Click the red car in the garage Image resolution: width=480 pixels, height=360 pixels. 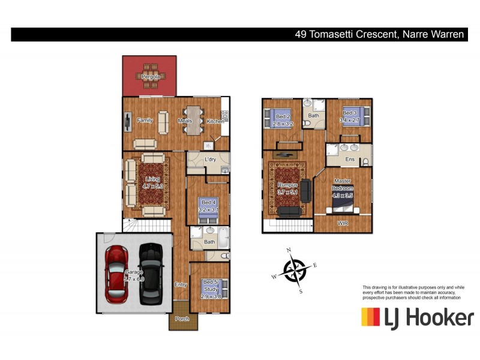tap(115, 274)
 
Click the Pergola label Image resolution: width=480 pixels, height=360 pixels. tap(150, 77)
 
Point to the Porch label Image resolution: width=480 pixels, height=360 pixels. tap(182, 319)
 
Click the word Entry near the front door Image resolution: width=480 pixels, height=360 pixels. tap(181, 284)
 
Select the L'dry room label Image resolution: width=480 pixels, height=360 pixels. tap(210, 160)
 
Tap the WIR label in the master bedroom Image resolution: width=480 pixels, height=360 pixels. tap(343, 223)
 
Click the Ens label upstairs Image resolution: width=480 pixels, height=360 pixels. tap(350, 160)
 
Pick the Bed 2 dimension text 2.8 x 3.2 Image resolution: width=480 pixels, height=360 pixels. tap(281, 124)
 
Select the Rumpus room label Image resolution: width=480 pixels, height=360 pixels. tap(287, 185)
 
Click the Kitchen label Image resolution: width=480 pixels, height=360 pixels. tap(215, 121)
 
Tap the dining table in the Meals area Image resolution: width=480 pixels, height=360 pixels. tap(193, 115)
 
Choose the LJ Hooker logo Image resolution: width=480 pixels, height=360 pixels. tap(417, 317)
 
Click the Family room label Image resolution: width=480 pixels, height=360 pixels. tap(145, 120)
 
